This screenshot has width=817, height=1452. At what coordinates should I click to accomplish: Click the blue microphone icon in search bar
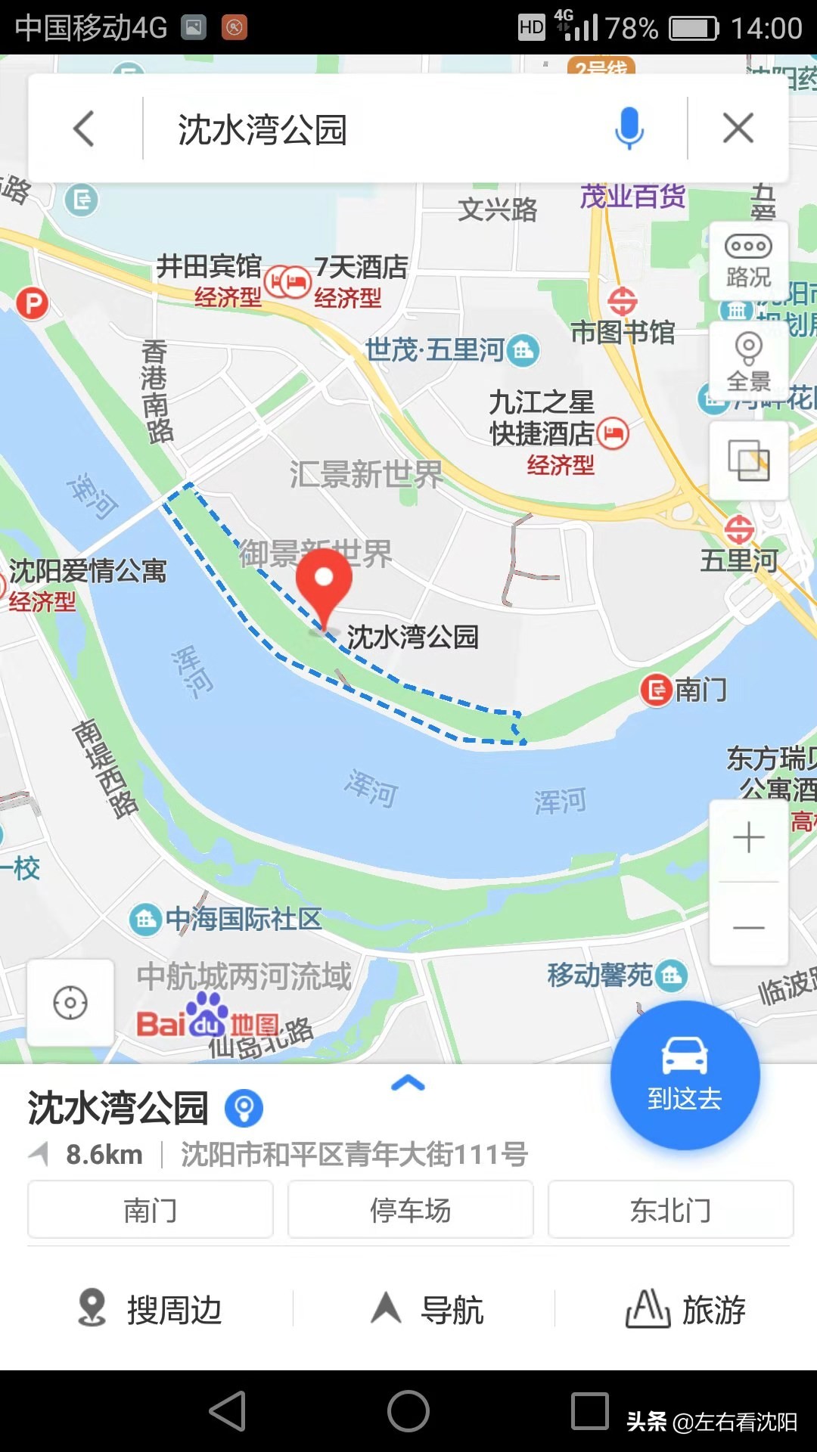[x=629, y=128]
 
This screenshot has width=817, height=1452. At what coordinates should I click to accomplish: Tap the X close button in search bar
[x=738, y=128]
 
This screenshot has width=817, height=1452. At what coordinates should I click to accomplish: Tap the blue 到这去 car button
[x=685, y=1075]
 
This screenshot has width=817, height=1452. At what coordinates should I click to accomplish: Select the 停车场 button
[x=410, y=1210]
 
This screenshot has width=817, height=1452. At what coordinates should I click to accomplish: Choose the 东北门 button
[x=670, y=1210]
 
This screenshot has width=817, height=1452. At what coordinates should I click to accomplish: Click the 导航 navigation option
[x=427, y=1309]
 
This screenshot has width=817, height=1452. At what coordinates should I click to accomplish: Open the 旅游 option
[x=685, y=1309]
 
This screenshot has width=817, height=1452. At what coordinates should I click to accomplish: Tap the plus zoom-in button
[x=748, y=838]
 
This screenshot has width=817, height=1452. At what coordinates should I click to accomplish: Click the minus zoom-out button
[x=748, y=927]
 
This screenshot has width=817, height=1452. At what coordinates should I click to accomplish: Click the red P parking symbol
[x=32, y=304]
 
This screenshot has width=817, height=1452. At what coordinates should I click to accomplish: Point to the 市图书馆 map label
[x=622, y=332]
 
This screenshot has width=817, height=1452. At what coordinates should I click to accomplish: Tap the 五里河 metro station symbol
[x=739, y=529]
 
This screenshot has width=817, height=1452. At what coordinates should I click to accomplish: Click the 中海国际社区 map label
[x=243, y=920]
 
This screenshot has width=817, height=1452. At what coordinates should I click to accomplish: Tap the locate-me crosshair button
[x=70, y=1003]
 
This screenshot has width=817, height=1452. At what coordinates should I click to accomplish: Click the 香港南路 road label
[x=157, y=391]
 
